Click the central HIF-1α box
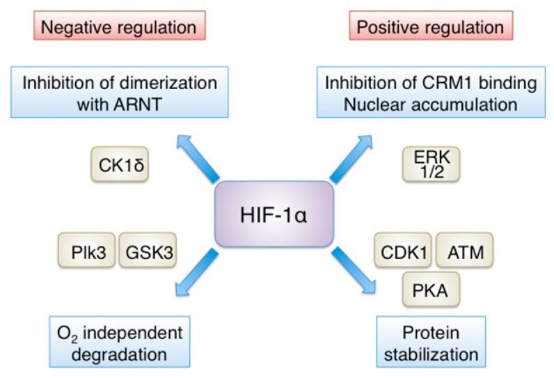[x=276, y=214]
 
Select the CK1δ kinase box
[x=120, y=164]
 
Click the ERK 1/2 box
[x=431, y=164]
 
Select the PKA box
[x=431, y=289]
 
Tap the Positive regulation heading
[x=430, y=27]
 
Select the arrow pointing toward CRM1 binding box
[x=353, y=157]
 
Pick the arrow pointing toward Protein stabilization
[x=355, y=270]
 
